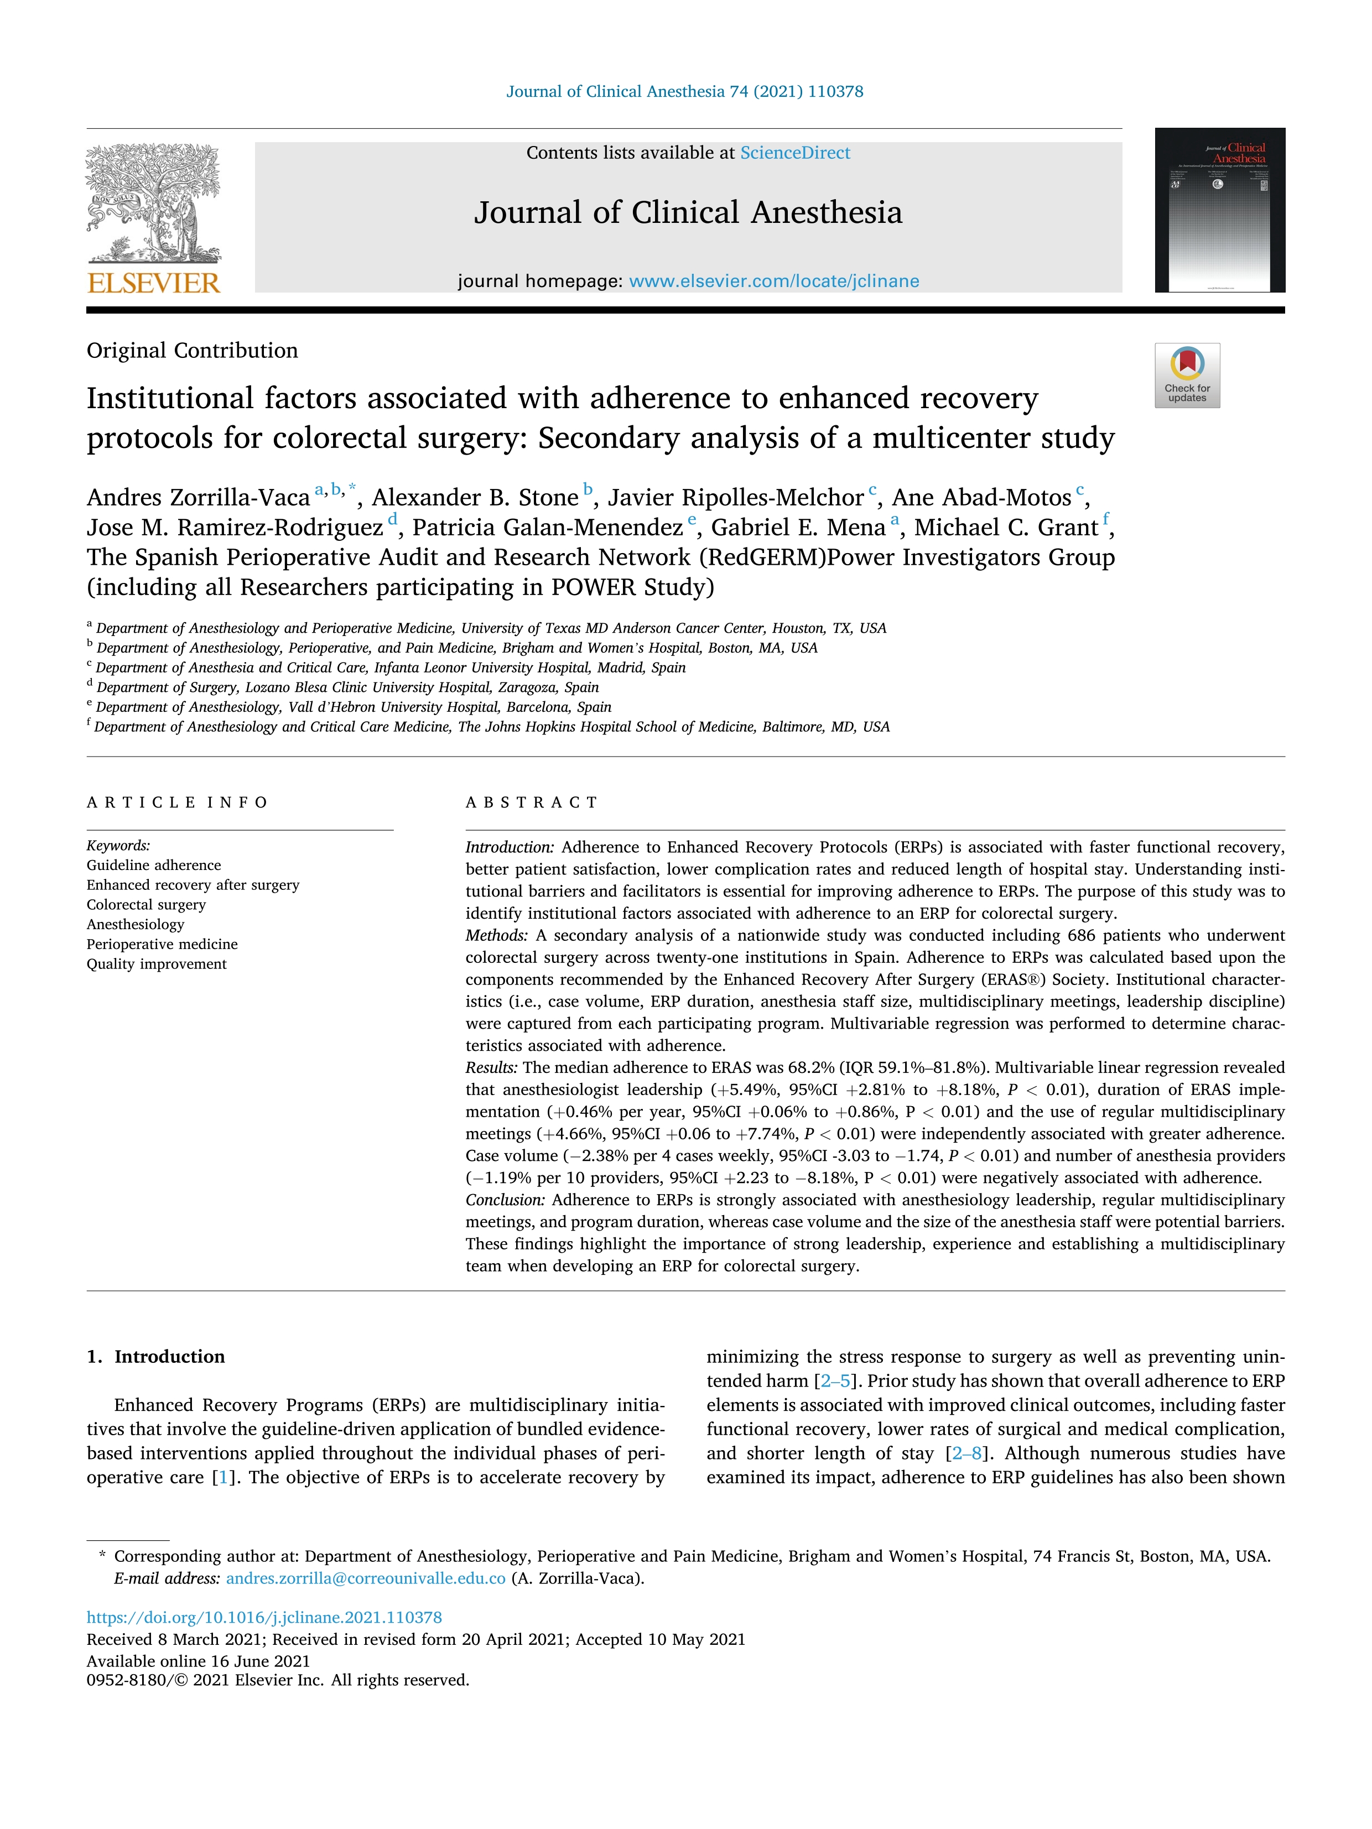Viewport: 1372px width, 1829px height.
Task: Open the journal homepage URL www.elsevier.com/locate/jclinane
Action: (773, 281)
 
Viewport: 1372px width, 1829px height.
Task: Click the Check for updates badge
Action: (1187, 376)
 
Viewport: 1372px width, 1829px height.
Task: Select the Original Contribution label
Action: (192, 351)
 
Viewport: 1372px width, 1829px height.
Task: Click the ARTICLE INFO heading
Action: (177, 802)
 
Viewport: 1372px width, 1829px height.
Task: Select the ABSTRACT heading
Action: (531, 802)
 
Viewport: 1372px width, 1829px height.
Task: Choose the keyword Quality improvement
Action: (157, 964)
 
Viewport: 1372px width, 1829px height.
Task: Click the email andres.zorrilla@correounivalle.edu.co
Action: (366, 1578)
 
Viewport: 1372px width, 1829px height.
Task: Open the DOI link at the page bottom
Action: (264, 1617)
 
